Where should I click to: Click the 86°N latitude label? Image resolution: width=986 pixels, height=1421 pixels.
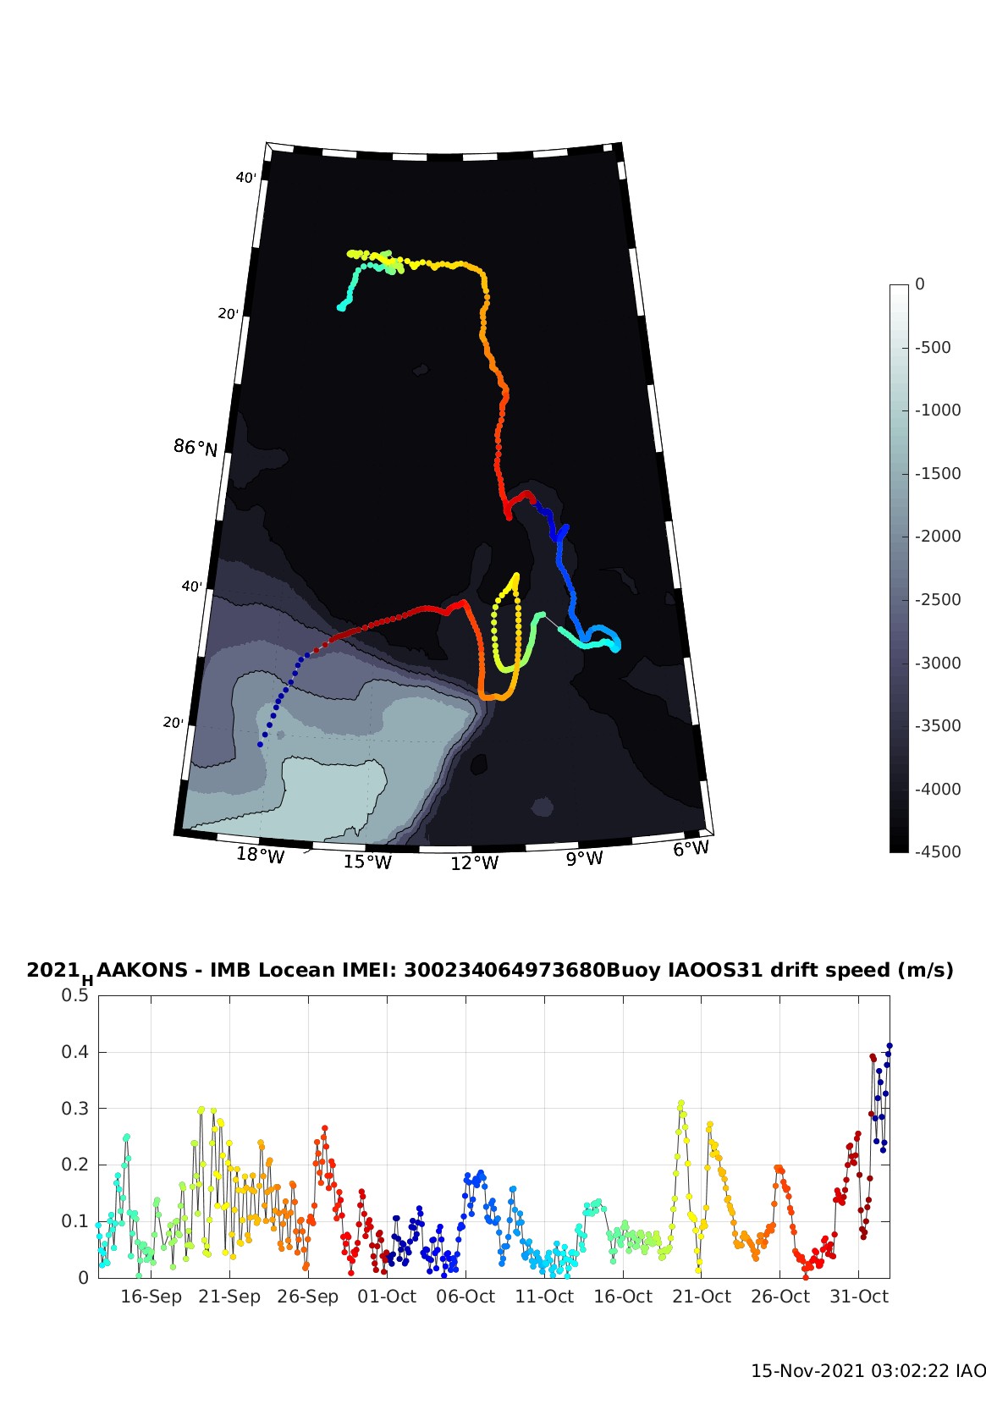point(196,447)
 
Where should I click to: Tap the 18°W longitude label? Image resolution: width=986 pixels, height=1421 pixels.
point(261,856)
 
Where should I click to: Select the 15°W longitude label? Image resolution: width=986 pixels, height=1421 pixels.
point(367,862)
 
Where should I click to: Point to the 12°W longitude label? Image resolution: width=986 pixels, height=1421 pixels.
point(475,863)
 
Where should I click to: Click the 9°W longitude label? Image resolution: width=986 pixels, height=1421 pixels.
point(585,859)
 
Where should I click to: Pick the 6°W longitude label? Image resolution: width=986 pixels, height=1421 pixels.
point(691,849)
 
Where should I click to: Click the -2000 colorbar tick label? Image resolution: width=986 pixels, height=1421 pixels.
point(937,536)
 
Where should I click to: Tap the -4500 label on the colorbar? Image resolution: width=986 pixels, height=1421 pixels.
point(937,851)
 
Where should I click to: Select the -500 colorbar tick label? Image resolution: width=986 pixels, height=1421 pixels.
point(933,347)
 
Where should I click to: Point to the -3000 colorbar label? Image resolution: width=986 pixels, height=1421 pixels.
point(937,663)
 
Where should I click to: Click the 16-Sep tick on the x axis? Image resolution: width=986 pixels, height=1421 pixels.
point(151,1297)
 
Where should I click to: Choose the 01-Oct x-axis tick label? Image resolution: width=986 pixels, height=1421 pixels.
point(387,1297)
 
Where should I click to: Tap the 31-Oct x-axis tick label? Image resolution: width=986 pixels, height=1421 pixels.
point(859,1297)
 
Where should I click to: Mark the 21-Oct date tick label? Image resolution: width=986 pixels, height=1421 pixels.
point(702,1297)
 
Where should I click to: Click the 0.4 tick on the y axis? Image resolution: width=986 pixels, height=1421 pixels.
point(75,1052)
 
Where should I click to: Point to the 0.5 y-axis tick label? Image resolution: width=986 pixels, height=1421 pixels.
point(75,995)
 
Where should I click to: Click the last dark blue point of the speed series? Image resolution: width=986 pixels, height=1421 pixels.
point(890,1046)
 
